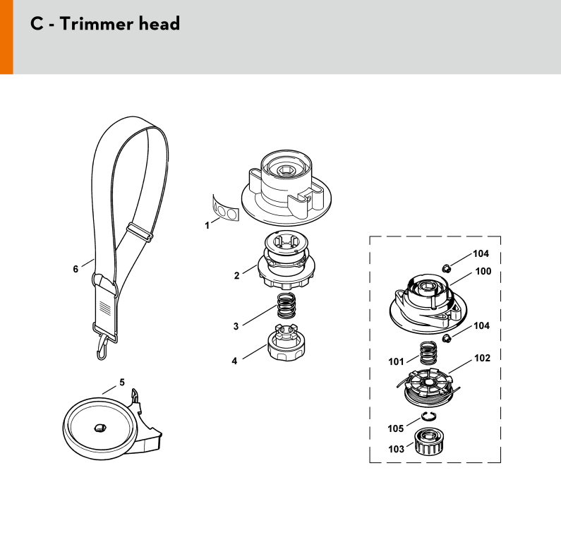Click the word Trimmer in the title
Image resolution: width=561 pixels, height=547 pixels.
pyautogui.click(x=96, y=24)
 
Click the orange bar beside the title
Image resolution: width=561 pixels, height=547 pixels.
pyautogui.click(x=6, y=37)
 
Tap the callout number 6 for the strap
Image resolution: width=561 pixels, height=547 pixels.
pyautogui.click(x=76, y=269)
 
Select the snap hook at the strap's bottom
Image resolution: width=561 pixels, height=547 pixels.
pyautogui.click(x=103, y=347)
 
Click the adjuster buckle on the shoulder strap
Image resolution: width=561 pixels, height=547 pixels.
pyautogui.click(x=140, y=232)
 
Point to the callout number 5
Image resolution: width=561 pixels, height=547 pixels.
pyautogui.click(x=122, y=383)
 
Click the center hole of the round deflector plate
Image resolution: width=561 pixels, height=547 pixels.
pyautogui.click(x=99, y=428)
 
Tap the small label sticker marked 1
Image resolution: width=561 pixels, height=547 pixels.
pyautogui.click(x=225, y=210)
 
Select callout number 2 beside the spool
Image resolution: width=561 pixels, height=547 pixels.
pyautogui.click(x=236, y=275)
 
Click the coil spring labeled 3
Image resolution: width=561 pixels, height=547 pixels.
pyautogui.click(x=286, y=305)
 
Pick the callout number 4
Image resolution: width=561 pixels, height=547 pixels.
pyautogui.click(x=234, y=361)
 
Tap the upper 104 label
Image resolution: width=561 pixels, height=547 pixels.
pyautogui.click(x=481, y=253)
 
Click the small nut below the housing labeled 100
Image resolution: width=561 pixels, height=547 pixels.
pyautogui.click(x=446, y=338)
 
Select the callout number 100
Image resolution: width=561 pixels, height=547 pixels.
pyautogui.click(x=483, y=271)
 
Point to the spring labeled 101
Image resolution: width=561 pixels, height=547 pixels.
pyautogui.click(x=428, y=353)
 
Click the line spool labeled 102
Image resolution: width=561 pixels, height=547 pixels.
pyautogui.click(x=427, y=388)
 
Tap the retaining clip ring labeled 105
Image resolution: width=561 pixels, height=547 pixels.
pyautogui.click(x=428, y=416)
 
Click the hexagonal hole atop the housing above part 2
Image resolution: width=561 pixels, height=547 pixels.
pyautogui.click(x=286, y=170)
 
